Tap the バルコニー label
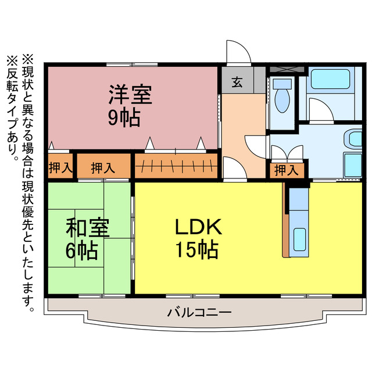click(199, 312)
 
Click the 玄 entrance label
click(238, 82)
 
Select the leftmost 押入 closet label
click(60, 169)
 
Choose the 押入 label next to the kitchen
click(285, 170)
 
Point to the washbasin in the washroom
click(353, 139)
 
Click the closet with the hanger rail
click(176, 166)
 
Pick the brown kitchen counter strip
click(285, 221)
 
